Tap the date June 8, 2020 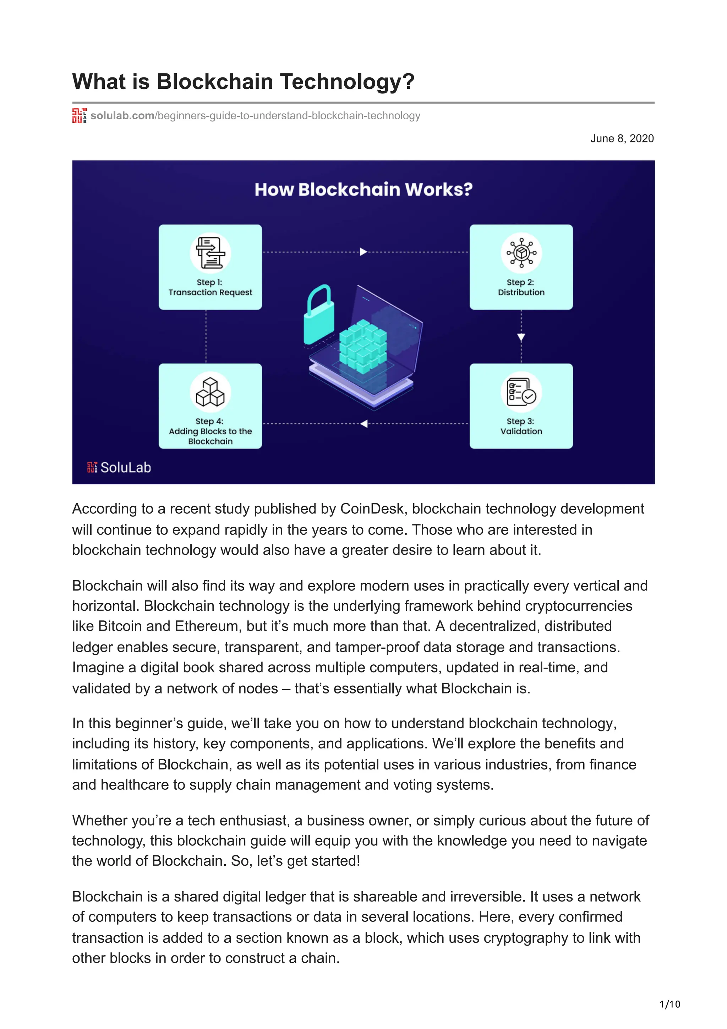click(x=622, y=138)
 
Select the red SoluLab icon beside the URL click(x=79, y=116)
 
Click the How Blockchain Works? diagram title click(x=363, y=189)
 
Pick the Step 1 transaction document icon click(x=211, y=253)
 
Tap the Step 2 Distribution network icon click(x=521, y=253)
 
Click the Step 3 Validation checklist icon click(x=521, y=392)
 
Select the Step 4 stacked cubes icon click(x=211, y=392)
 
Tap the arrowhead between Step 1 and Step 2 click(x=363, y=252)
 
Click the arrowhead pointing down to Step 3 click(x=521, y=337)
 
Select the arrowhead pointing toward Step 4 click(x=364, y=424)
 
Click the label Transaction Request click(x=211, y=292)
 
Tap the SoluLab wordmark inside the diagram click(x=125, y=467)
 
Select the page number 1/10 click(x=669, y=1004)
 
